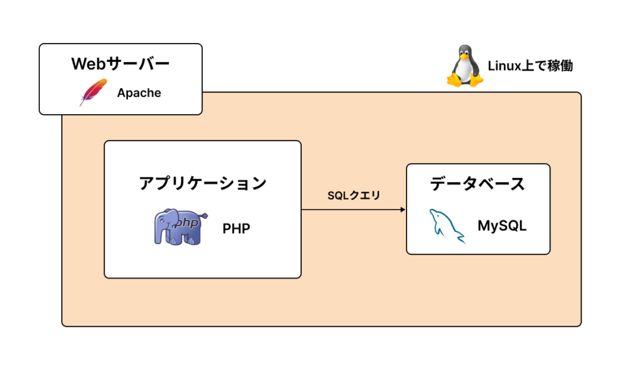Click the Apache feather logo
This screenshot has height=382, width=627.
(93, 93)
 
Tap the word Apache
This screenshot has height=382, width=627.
(139, 93)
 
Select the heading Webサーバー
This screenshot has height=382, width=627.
(120, 64)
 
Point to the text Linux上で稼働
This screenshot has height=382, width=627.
(530, 66)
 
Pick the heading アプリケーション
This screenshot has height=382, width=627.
(203, 183)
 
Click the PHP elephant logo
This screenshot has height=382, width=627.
(178, 227)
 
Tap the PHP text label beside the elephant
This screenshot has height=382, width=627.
(236, 229)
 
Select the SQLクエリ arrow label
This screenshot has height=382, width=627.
(354, 196)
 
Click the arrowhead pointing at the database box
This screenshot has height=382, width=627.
(402, 210)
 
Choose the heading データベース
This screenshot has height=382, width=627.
(478, 184)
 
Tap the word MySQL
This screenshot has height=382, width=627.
(502, 226)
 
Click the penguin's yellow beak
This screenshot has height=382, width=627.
(465, 56)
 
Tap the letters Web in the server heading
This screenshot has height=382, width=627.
(85, 64)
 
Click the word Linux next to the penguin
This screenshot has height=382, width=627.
(503, 66)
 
